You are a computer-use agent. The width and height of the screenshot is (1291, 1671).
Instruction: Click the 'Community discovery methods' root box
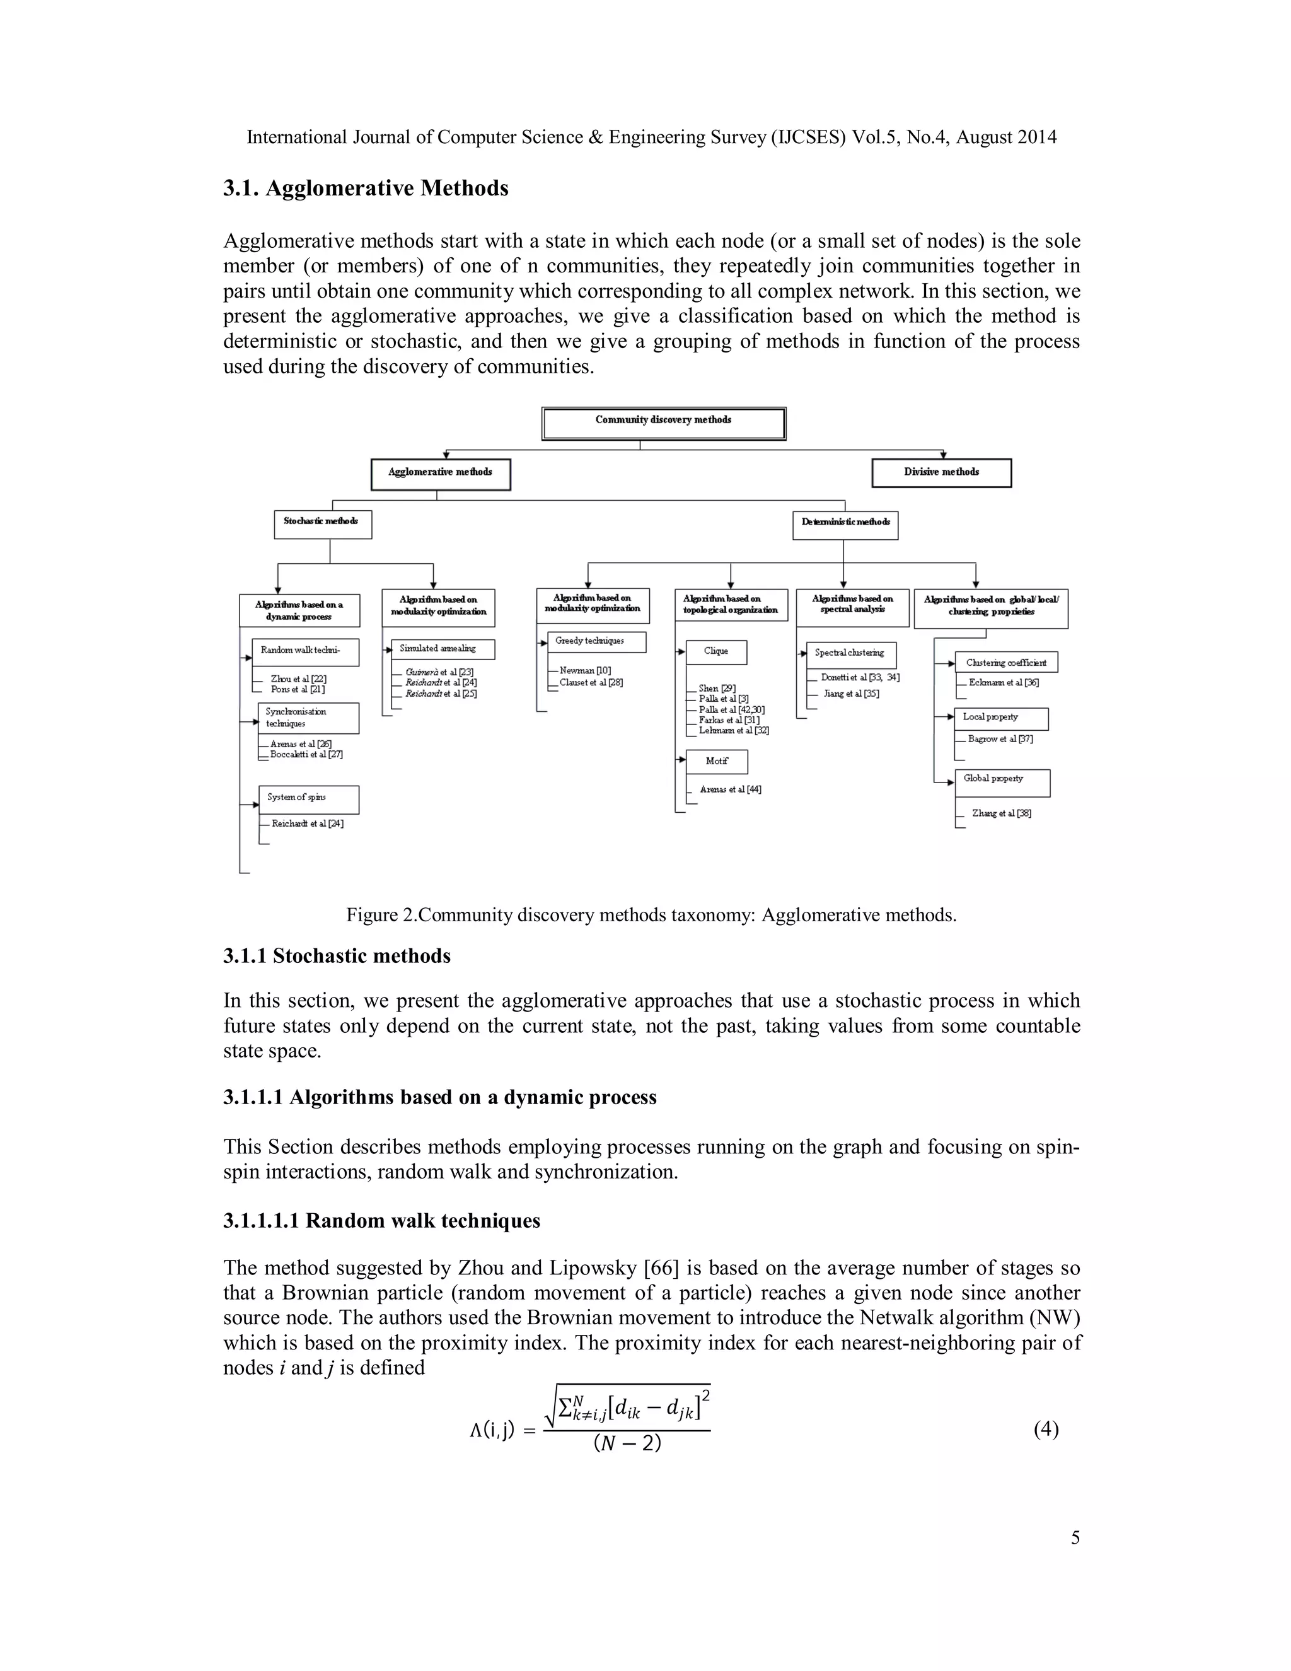pyautogui.click(x=663, y=423)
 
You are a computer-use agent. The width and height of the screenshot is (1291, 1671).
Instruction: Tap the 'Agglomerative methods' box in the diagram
pyautogui.click(x=441, y=474)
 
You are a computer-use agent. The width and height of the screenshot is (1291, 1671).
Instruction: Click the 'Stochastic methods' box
pyautogui.click(x=323, y=524)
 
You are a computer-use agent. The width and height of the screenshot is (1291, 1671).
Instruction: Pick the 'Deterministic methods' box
pyautogui.click(x=845, y=525)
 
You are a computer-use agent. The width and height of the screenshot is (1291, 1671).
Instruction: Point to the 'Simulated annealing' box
pyautogui.click(x=443, y=649)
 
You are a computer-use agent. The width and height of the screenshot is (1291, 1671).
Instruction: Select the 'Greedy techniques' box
pyautogui.click(x=596, y=641)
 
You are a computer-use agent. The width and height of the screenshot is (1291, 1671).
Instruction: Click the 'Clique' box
pyautogui.click(x=716, y=651)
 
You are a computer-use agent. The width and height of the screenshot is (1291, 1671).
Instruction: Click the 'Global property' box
pyautogui.click(x=1002, y=781)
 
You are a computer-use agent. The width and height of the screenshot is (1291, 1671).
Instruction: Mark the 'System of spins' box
pyautogui.click(x=308, y=799)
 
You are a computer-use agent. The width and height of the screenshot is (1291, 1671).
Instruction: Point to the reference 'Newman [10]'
pyautogui.click(x=585, y=670)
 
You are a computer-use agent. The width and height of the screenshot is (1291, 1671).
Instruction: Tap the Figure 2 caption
pyautogui.click(x=651, y=914)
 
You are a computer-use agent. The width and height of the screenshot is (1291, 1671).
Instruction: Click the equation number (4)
pyautogui.click(x=1046, y=1429)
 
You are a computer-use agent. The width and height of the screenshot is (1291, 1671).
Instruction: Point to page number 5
pyautogui.click(x=1075, y=1538)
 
